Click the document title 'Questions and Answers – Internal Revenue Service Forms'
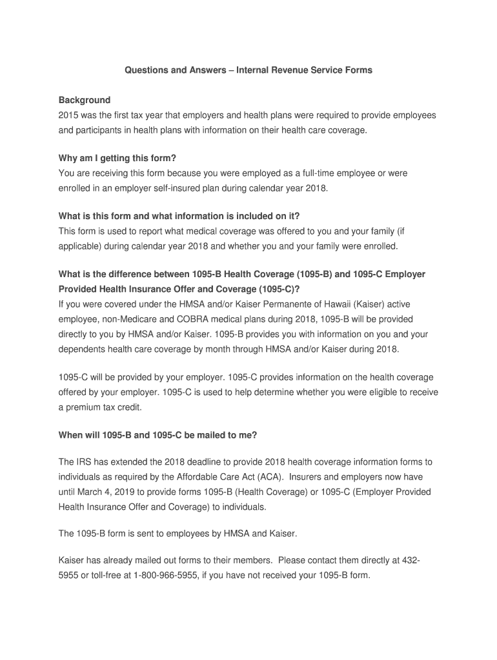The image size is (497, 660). pyautogui.click(x=249, y=70)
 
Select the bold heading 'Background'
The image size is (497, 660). pyautogui.click(x=85, y=100)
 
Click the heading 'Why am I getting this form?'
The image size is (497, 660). pyautogui.click(x=117, y=158)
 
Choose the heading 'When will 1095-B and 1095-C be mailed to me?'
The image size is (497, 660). pyautogui.click(x=158, y=435)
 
